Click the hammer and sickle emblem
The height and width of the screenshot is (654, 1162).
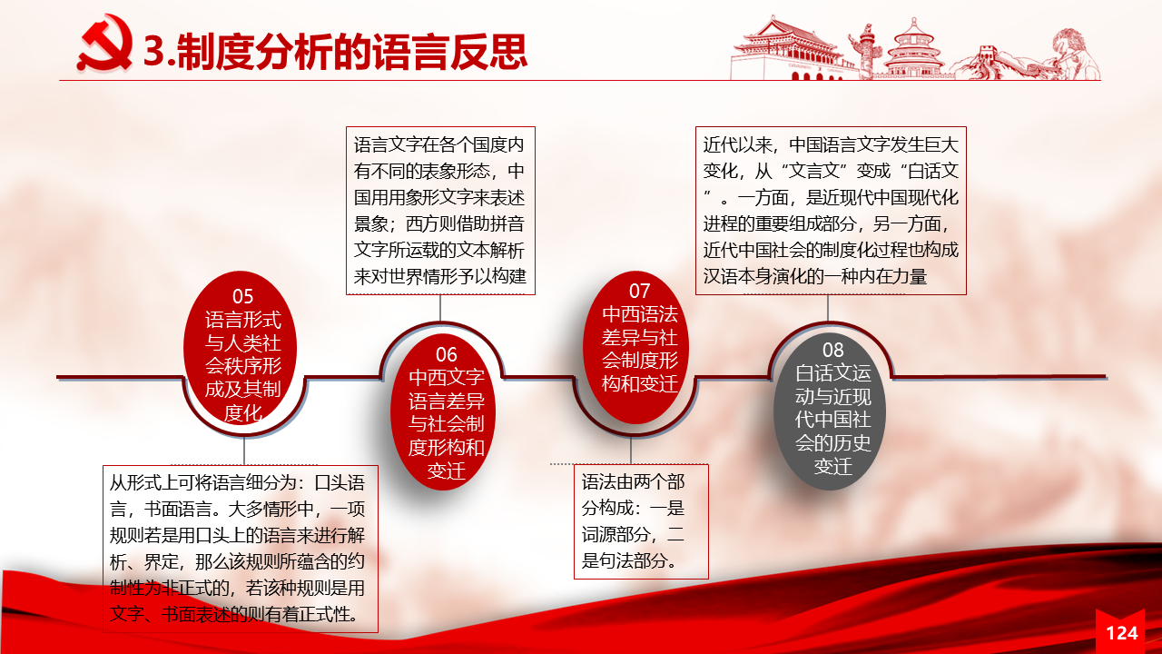[104, 44]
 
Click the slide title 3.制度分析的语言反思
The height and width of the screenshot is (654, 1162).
[335, 52]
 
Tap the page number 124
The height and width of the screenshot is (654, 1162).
[1121, 633]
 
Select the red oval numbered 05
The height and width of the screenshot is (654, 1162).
[241, 348]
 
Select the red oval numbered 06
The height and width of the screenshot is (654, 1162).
[443, 411]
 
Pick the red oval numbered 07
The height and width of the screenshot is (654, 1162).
[636, 347]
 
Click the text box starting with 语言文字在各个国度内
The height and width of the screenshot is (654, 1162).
[440, 211]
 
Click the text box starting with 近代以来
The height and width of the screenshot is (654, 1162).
[831, 211]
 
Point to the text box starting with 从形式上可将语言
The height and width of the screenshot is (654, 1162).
[241, 549]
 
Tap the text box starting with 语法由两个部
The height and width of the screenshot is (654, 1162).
[641, 521]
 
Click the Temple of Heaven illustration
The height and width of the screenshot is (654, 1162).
[913, 49]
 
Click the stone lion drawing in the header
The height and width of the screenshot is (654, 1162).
[1074, 54]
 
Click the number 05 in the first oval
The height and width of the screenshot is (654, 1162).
[242, 296]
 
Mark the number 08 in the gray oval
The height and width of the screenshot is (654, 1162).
[832, 350]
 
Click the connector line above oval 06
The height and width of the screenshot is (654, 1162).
[440, 308]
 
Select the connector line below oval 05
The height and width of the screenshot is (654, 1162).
[244, 451]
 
